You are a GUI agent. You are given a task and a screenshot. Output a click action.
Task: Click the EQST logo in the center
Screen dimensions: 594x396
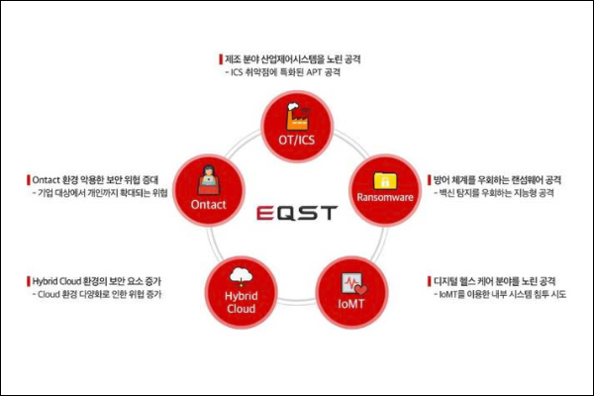[297, 213]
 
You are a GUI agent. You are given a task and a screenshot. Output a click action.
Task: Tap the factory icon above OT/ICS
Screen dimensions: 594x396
[298, 117]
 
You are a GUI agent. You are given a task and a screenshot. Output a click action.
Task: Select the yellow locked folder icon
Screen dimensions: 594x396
[385, 181]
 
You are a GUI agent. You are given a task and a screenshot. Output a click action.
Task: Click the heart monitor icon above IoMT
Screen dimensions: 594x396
[354, 284]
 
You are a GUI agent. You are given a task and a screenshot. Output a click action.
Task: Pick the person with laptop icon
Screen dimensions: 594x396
[208, 180]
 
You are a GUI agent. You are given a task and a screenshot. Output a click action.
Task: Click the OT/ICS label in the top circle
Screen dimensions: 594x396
[297, 141]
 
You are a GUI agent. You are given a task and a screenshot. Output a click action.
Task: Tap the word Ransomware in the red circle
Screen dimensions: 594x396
[385, 197]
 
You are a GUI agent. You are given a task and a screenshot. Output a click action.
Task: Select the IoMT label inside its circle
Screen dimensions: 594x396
[351, 304]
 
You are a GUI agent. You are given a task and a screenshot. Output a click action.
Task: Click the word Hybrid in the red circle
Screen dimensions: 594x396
[242, 296]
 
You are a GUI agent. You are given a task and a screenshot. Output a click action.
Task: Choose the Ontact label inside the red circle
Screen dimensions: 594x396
[208, 205]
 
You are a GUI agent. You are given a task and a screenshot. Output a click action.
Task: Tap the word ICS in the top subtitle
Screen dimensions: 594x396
[237, 72]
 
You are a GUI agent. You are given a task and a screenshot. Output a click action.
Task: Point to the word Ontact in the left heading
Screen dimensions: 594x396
[47, 179]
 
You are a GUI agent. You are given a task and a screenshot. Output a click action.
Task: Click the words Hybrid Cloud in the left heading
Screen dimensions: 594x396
[56, 281]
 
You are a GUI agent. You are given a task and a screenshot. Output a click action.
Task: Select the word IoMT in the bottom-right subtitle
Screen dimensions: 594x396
[448, 294]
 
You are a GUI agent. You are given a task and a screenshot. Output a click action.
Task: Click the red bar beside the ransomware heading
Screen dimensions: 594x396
[430, 180]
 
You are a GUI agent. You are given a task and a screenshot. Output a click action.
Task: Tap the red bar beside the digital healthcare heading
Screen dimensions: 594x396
[430, 281]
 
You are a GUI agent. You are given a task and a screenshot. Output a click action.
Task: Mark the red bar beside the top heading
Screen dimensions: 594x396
[221, 59]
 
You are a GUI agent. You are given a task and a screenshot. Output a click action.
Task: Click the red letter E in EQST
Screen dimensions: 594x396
[264, 213]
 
